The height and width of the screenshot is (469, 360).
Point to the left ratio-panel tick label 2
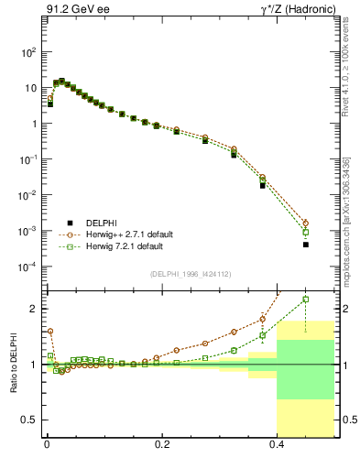click(x=34, y=309)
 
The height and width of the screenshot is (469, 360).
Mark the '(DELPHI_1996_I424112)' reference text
click(x=190, y=274)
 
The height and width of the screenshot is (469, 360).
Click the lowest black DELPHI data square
click(x=306, y=245)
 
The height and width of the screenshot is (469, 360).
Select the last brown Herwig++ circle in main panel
click(x=306, y=223)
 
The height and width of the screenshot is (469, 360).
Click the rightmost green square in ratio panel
click(x=306, y=299)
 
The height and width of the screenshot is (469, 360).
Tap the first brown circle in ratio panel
click(x=50, y=332)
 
